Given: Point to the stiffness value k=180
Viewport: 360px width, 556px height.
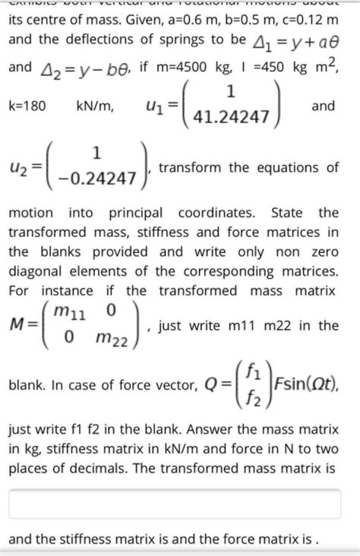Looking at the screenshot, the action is (28, 106).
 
